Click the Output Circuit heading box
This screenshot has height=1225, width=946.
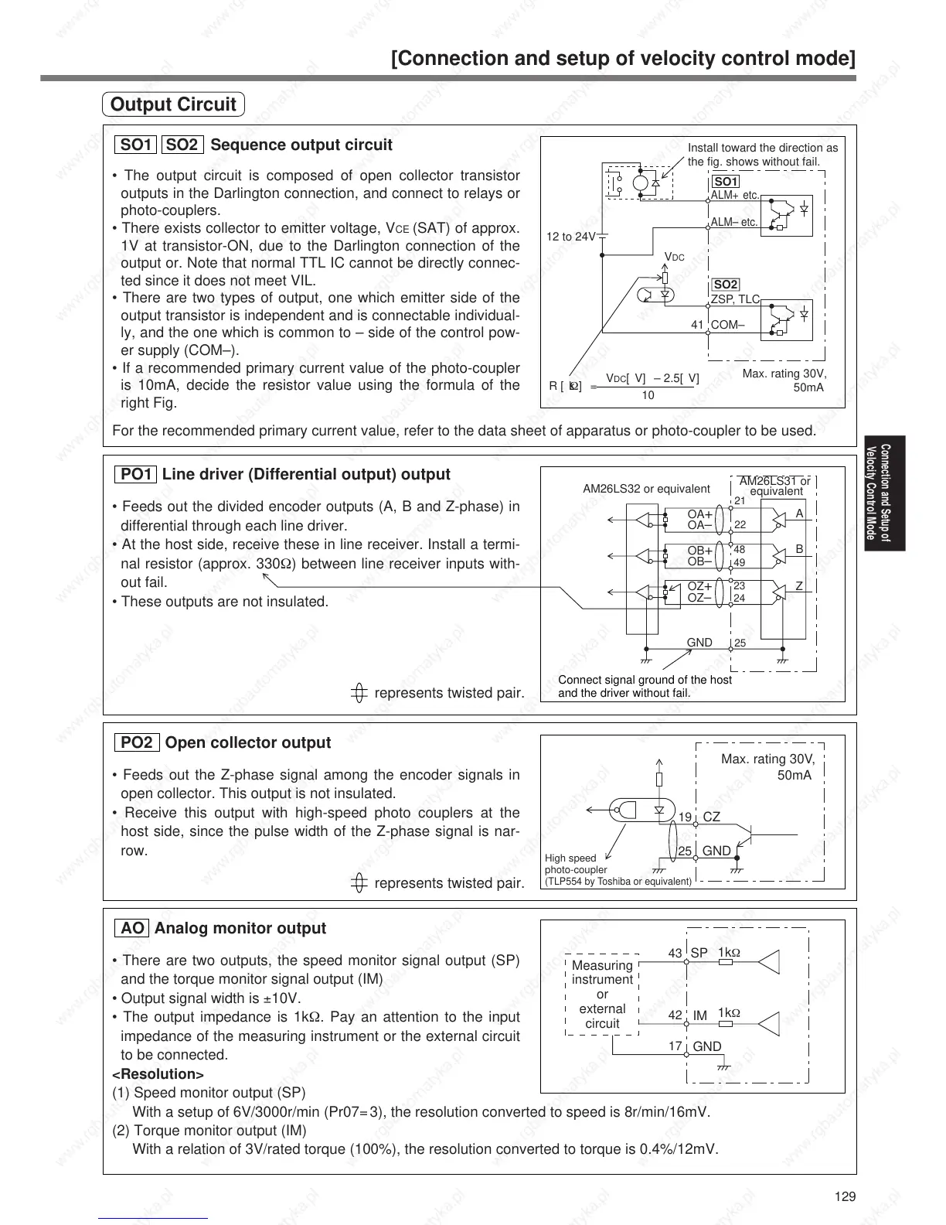173,104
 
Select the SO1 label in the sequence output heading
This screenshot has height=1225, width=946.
136,145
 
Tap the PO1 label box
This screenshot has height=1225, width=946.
136,474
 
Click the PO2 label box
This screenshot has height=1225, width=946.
137,742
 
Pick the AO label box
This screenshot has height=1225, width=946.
132,928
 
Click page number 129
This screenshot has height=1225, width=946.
846,1196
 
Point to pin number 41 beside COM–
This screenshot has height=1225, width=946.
697,325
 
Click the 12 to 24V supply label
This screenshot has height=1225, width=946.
571,237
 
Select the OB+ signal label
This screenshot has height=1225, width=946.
700,551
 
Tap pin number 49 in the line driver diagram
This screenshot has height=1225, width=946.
740,562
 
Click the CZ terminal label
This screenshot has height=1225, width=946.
711,817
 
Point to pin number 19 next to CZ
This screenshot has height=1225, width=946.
685,817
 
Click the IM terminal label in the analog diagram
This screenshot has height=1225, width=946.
700,1015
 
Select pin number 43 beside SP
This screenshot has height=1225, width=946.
675,954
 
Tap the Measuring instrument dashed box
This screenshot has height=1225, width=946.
602,994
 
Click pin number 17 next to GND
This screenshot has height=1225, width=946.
675,1046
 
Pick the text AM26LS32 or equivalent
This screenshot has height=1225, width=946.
645,489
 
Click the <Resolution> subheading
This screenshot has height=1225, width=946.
158,1074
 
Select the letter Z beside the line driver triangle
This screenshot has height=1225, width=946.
800,586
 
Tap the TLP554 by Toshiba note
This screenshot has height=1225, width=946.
618,881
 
